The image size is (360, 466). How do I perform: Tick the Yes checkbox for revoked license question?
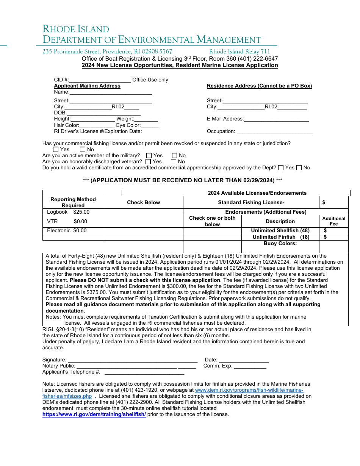(x=56, y=149)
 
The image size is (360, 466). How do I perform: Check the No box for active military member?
(x=175, y=155)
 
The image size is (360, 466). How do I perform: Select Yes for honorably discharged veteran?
(x=148, y=161)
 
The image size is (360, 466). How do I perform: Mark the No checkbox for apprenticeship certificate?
(x=299, y=167)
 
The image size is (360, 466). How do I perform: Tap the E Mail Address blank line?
(x=276, y=119)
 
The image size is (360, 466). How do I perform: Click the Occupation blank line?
(x=275, y=131)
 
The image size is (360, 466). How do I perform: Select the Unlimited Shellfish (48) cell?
(x=280, y=230)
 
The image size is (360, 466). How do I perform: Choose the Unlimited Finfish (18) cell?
(x=281, y=237)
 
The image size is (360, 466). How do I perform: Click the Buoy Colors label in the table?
(x=280, y=244)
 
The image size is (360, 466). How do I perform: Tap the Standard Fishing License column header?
(x=251, y=202)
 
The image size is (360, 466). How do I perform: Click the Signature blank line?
(x=132, y=360)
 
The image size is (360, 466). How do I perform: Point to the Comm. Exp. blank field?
(x=250, y=366)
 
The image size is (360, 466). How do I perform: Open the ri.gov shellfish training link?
(x=94, y=414)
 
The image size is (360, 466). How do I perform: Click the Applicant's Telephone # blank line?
(x=144, y=372)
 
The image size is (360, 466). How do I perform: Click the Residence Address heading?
(x=259, y=86)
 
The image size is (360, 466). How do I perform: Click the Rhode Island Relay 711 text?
(x=239, y=52)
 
